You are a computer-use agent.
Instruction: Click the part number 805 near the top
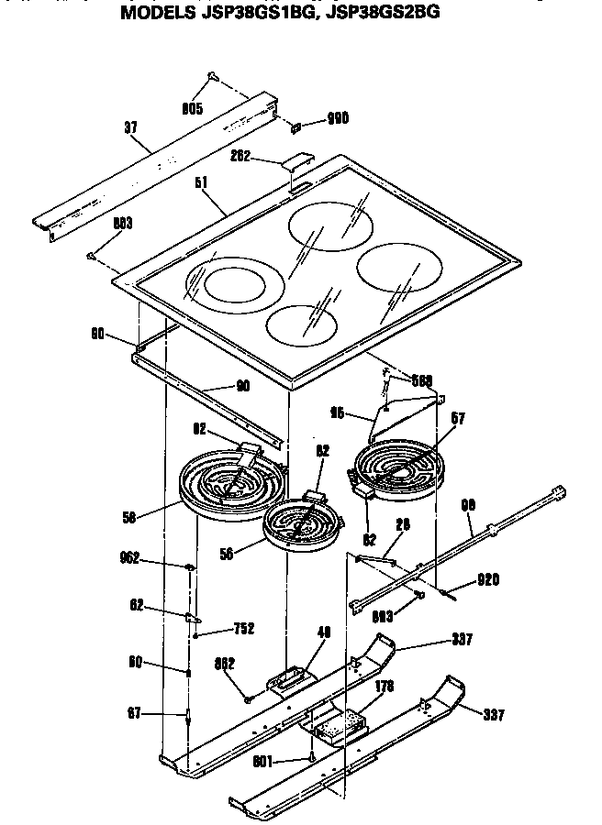point(192,108)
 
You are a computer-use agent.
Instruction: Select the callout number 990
point(337,118)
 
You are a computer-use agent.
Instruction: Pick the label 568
point(420,379)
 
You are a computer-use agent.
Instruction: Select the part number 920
point(487,580)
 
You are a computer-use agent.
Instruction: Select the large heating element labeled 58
point(220,485)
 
